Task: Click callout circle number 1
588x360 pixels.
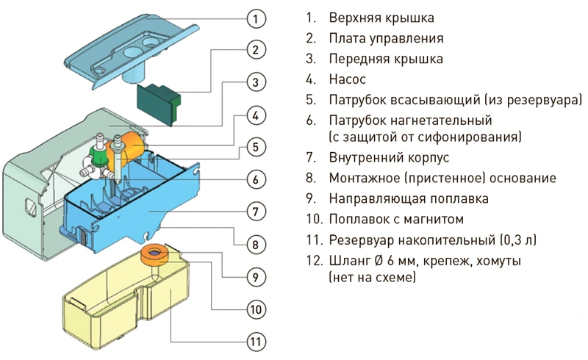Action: click(x=254, y=17)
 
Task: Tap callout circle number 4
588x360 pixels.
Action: click(x=254, y=115)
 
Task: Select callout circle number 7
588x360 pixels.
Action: click(x=254, y=212)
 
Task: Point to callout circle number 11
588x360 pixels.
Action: click(x=254, y=342)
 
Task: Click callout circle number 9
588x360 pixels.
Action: click(x=254, y=276)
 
